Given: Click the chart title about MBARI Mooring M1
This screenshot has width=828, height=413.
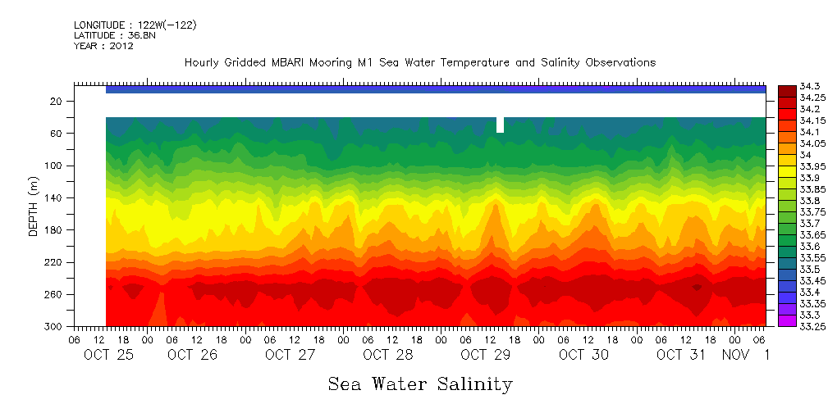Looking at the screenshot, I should pyautogui.click(x=419, y=63).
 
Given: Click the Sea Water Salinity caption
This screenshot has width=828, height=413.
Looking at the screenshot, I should pyautogui.click(x=420, y=383).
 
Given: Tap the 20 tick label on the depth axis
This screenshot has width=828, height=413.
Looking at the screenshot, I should pyautogui.click(x=57, y=102).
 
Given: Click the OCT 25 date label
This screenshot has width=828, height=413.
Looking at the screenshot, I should pyautogui.click(x=108, y=355).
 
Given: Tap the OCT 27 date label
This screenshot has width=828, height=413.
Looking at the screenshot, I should pyautogui.click(x=290, y=355).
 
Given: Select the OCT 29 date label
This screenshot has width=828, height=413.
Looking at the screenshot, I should pyautogui.click(x=486, y=355).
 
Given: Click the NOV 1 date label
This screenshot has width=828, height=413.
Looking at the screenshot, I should pyautogui.click(x=745, y=355).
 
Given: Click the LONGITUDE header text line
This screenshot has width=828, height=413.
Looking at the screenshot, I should pyautogui.click(x=135, y=25).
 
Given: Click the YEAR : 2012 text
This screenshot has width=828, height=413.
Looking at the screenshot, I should pyautogui.click(x=103, y=47).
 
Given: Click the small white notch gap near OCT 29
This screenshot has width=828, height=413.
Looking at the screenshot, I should pyautogui.click(x=500, y=125).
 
